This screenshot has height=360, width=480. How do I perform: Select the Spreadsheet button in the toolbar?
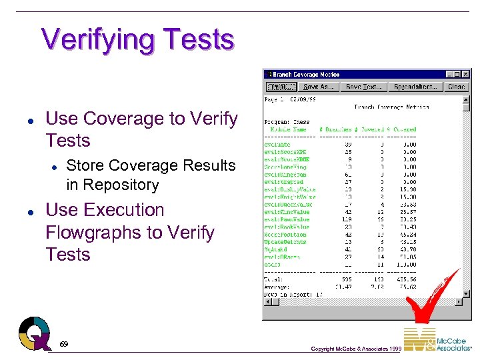[x=415, y=87]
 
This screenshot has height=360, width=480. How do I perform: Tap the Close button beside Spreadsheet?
[x=457, y=87]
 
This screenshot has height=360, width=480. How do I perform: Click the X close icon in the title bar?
[x=465, y=75]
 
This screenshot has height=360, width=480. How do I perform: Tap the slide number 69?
[x=64, y=344]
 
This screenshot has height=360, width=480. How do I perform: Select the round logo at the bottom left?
[x=35, y=331]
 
